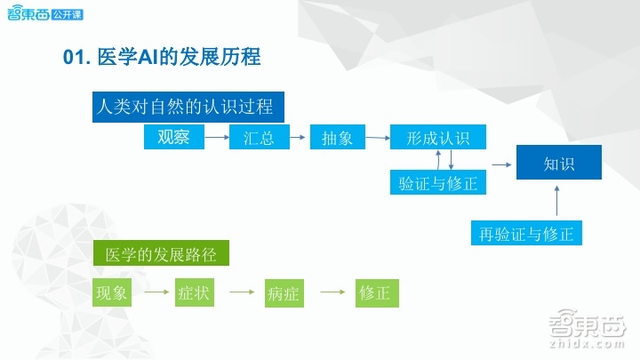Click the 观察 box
pyautogui.click(x=174, y=137)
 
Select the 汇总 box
pyautogui.click(x=259, y=138)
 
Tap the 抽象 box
pyautogui.click(x=332, y=138)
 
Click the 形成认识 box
pyautogui.click(x=438, y=138)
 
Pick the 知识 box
pyautogui.click(x=559, y=164)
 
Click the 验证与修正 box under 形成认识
pyautogui.click(x=438, y=183)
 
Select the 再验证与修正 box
pyautogui.click(x=526, y=234)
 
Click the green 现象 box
pyautogui.click(x=112, y=292)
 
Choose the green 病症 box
pyautogui.click(x=283, y=293)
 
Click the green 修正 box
pyautogui.click(x=374, y=292)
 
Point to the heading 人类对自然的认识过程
pyautogui.click(x=188, y=108)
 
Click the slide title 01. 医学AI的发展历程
pyautogui.click(x=162, y=58)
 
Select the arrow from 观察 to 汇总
pyautogui.click(x=217, y=138)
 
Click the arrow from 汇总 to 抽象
pyautogui.click(x=295, y=138)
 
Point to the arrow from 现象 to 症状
pyautogui.click(x=152, y=292)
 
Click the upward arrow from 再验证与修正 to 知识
pyautogui.click(x=557, y=201)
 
